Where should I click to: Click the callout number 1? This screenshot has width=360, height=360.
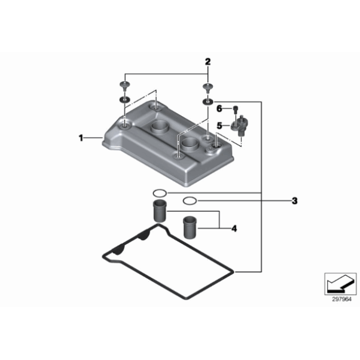(x=81, y=138)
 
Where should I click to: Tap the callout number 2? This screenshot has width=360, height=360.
(x=207, y=61)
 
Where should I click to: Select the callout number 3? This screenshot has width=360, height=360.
(x=295, y=201)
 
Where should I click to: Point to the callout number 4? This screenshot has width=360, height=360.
(x=234, y=228)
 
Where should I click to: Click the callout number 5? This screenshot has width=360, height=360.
(x=220, y=125)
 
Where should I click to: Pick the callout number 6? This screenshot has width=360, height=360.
(x=219, y=109)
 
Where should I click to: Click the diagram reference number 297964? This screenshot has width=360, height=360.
(x=342, y=299)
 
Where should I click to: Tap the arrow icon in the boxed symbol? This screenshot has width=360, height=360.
(x=339, y=282)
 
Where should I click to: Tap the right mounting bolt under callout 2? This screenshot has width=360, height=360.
(x=207, y=88)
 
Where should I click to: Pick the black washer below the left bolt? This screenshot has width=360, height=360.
(x=125, y=100)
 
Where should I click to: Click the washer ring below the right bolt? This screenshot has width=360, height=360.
(x=208, y=101)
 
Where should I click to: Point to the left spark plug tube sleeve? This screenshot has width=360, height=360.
(x=160, y=211)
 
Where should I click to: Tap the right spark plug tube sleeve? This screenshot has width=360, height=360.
(x=190, y=227)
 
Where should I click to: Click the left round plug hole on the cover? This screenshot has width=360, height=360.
(x=160, y=127)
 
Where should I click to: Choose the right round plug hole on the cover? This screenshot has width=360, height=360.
(x=190, y=144)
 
